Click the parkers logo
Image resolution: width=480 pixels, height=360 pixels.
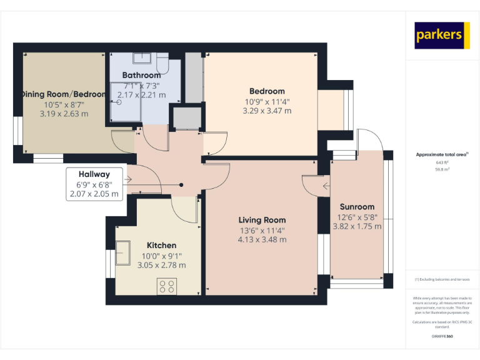point(442,36)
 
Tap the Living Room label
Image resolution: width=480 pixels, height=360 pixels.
point(262,220)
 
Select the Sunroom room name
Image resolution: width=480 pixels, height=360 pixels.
point(357,207)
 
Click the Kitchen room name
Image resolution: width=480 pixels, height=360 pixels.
point(161,246)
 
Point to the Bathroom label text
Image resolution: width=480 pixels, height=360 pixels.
point(141,76)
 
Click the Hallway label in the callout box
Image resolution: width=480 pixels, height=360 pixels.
point(94,174)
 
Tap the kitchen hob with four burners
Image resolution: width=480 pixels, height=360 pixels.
point(167,286)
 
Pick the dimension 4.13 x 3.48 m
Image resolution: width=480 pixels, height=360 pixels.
point(262,239)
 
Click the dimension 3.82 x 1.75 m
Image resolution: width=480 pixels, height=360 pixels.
point(357,226)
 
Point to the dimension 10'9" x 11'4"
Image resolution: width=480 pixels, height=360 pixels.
point(267,101)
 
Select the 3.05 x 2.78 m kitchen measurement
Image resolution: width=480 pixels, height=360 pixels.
point(161,265)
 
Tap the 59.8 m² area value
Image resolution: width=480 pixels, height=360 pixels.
point(442,168)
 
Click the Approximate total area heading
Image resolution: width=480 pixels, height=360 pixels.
point(441,154)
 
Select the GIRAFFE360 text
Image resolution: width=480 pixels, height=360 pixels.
point(442,336)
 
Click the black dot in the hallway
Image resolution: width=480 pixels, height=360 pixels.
point(181,184)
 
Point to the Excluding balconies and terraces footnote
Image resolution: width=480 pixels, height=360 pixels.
point(442,279)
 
